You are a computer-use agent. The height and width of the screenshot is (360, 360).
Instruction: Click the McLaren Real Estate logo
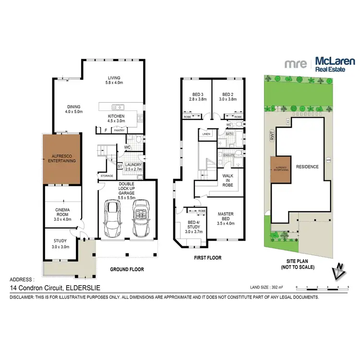click(320, 63)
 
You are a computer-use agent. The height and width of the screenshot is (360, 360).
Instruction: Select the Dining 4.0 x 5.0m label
click(74, 109)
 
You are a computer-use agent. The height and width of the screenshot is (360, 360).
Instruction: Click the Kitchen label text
click(116, 119)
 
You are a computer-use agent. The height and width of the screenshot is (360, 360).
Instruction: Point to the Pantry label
click(120, 130)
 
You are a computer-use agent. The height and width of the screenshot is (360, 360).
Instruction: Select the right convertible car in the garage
click(141, 218)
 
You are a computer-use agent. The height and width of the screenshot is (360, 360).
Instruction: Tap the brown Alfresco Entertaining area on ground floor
click(60, 159)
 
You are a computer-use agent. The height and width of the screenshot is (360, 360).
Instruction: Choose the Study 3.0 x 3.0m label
click(60, 243)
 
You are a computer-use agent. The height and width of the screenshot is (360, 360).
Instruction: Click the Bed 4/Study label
click(192, 226)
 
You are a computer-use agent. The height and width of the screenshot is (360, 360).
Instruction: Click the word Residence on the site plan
click(307, 167)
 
